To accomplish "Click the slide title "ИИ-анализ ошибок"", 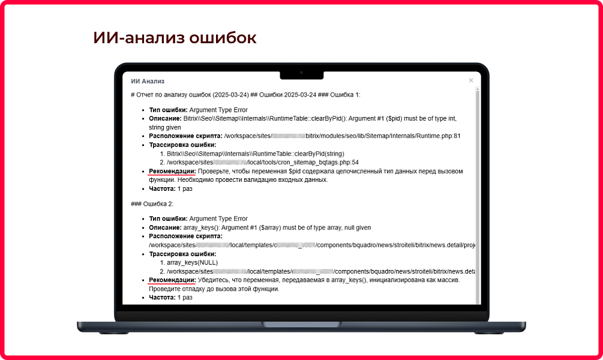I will pyautogui.click(x=175, y=38).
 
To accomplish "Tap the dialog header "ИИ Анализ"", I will pyautogui.click(x=148, y=81).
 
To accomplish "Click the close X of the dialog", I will pyautogui.click(x=471, y=80).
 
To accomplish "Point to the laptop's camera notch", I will pyautogui.click(x=301, y=73).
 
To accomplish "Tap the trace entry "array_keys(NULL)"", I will pyautogui.click(x=193, y=262).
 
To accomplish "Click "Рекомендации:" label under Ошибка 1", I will pyautogui.click(x=172, y=172).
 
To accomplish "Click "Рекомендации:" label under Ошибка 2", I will pyautogui.click(x=172, y=280).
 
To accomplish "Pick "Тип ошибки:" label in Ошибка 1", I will pyautogui.click(x=168, y=110).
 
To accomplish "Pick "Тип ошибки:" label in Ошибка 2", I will pyautogui.click(x=168, y=219).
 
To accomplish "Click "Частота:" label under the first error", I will pyautogui.click(x=162, y=189).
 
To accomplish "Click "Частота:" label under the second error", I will pyautogui.click(x=162, y=298).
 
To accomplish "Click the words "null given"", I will pyautogui.click(x=355, y=228).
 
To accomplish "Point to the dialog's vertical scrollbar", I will pyautogui.click(x=478, y=192).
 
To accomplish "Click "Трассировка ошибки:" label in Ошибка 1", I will pyautogui.click(x=182, y=145).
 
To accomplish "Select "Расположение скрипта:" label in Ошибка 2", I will pyautogui.click(x=185, y=236).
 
